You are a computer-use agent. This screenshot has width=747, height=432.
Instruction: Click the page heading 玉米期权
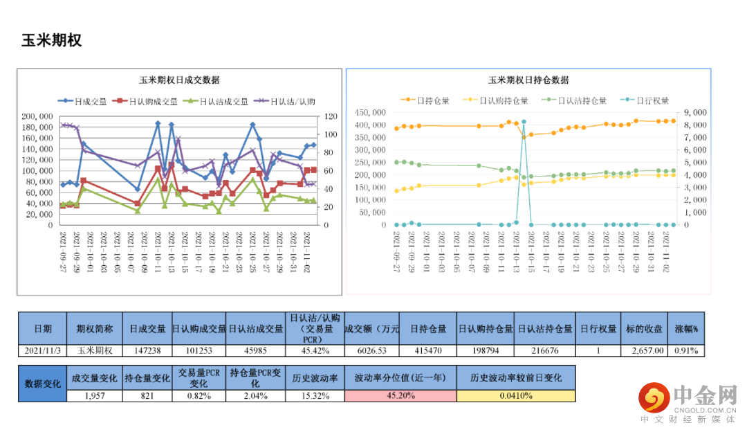[x=52, y=40]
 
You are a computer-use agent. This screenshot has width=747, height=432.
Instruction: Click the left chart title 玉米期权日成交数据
[x=179, y=80]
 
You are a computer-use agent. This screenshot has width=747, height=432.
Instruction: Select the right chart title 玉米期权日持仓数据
[x=528, y=80]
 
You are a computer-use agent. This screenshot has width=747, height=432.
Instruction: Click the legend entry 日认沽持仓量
[x=578, y=100]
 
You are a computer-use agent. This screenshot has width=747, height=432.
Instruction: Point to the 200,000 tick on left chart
[x=36, y=116]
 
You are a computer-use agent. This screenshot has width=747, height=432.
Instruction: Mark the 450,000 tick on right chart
[x=371, y=112]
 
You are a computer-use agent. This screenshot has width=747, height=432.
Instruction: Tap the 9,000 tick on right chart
[x=695, y=112]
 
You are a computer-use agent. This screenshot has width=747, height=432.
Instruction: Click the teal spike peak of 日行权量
[x=524, y=122]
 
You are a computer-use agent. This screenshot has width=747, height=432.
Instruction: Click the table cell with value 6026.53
[x=372, y=350]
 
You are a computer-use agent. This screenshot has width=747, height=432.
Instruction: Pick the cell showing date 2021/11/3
[x=42, y=350]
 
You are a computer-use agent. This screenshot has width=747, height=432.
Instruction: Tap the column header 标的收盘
[x=643, y=329]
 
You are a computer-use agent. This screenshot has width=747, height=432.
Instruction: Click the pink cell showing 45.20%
[x=399, y=396]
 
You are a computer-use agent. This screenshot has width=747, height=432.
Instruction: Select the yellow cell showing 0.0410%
[x=515, y=396]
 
